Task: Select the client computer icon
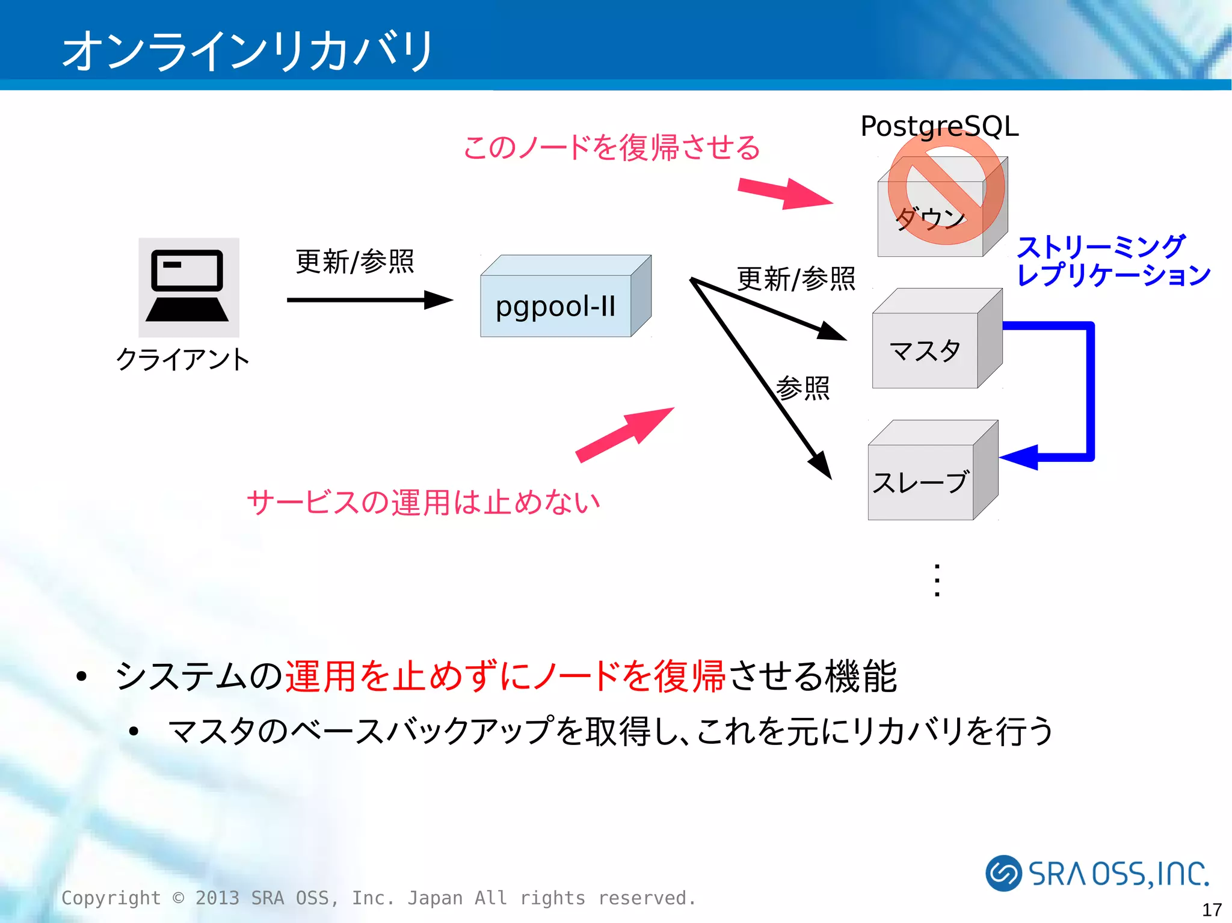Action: [x=188, y=287]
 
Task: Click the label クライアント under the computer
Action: [x=183, y=360]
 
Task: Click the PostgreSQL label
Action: [x=939, y=126]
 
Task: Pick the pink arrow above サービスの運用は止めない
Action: [x=626, y=434]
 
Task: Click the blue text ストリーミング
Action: [x=1101, y=247]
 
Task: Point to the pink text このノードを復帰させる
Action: [x=612, y=147]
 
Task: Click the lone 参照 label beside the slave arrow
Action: [x=802, y=388]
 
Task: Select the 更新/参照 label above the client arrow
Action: [x=355, y=262]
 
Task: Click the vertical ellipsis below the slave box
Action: [x=937, y=580]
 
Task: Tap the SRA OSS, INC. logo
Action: [x=1097, y=873]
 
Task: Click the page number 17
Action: [x=1212, y=909]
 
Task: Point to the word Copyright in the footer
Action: [x=111, y=898]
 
